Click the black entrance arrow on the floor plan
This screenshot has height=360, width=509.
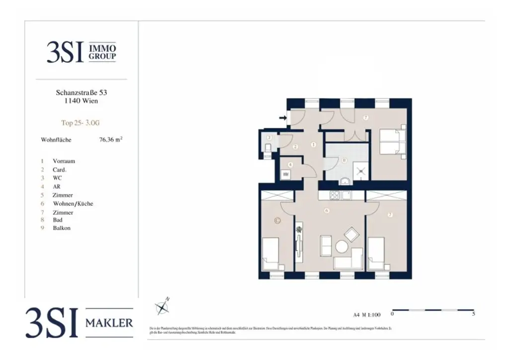[283, 118]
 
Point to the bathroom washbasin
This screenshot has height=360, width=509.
[344, 180]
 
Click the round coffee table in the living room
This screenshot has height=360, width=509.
[341, 247]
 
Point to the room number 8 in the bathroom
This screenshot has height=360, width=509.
[344, 160]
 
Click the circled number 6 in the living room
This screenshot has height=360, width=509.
[327, 210]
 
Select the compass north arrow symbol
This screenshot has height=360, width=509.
[163, 306]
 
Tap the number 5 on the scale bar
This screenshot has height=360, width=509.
[473, 314]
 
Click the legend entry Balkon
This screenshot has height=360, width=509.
[62, 228]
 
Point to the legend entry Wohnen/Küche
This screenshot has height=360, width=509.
[73, 203]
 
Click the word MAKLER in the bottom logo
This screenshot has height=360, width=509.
[110, 323]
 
